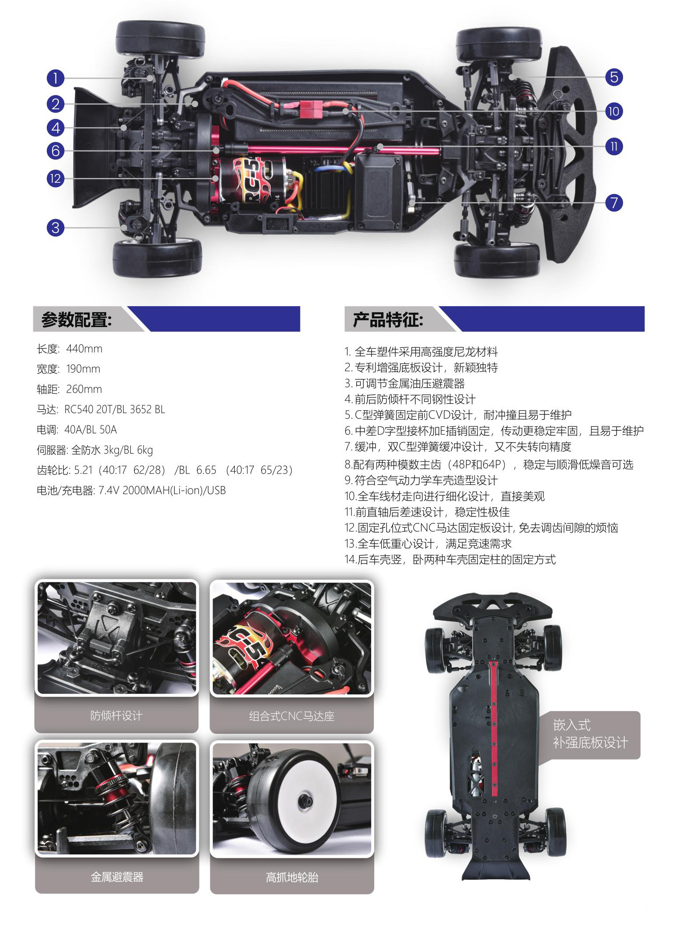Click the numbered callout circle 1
tap(56, 78)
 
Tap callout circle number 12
tap(56, 178)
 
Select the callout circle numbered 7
tap(614, 202)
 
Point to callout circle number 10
tap(614, 111)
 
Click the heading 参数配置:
tap(77, 320)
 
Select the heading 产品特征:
tap(388, 320)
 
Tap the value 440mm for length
tap(84, 349)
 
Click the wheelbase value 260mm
tap(84, 389)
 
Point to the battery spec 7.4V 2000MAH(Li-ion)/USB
tap(162, 491)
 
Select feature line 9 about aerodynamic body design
tap(421, 480)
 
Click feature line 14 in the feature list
tap(450, 559)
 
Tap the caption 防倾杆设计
tap(116, 716)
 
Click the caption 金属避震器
tap(117, 877)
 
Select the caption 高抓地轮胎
tap(292, 877)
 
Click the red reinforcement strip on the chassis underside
tap(494, 728)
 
